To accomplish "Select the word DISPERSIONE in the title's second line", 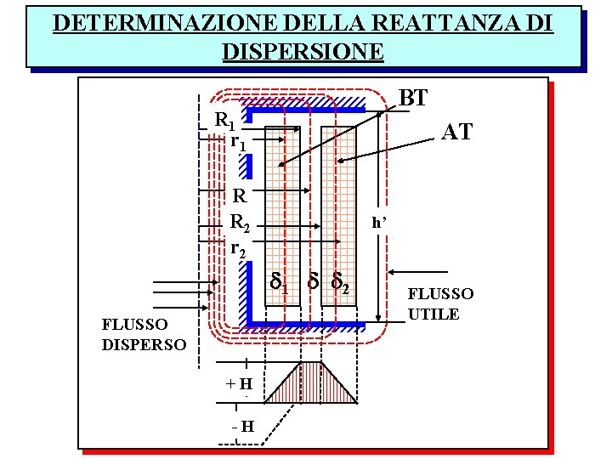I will click(x=303, y=50).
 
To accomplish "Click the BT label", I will click(x=413, y=98).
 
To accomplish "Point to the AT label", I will click(x=456, y=132).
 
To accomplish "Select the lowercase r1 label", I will click(x=239, y=141).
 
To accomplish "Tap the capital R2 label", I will click(x=241, y=224).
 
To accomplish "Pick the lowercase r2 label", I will click(x=239, y=248).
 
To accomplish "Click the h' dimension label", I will click(x=379, y=223).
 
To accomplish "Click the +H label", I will click(x=238, y=383).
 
